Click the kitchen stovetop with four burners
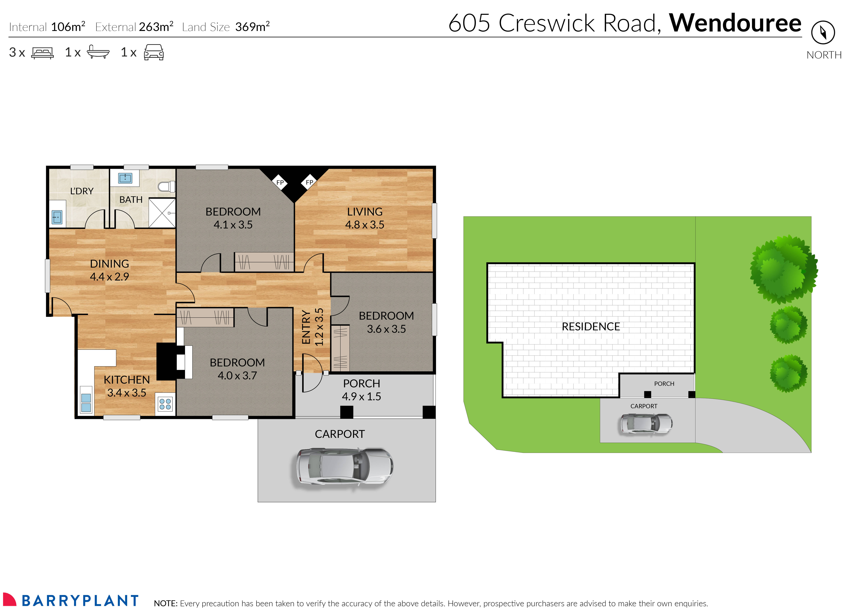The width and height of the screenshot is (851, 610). tap(165, 404)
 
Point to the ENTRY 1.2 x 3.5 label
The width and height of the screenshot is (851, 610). tap(312, 327)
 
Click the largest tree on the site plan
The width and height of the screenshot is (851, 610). tap(783, 269)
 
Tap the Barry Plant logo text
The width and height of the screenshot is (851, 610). tap(80, 601)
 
